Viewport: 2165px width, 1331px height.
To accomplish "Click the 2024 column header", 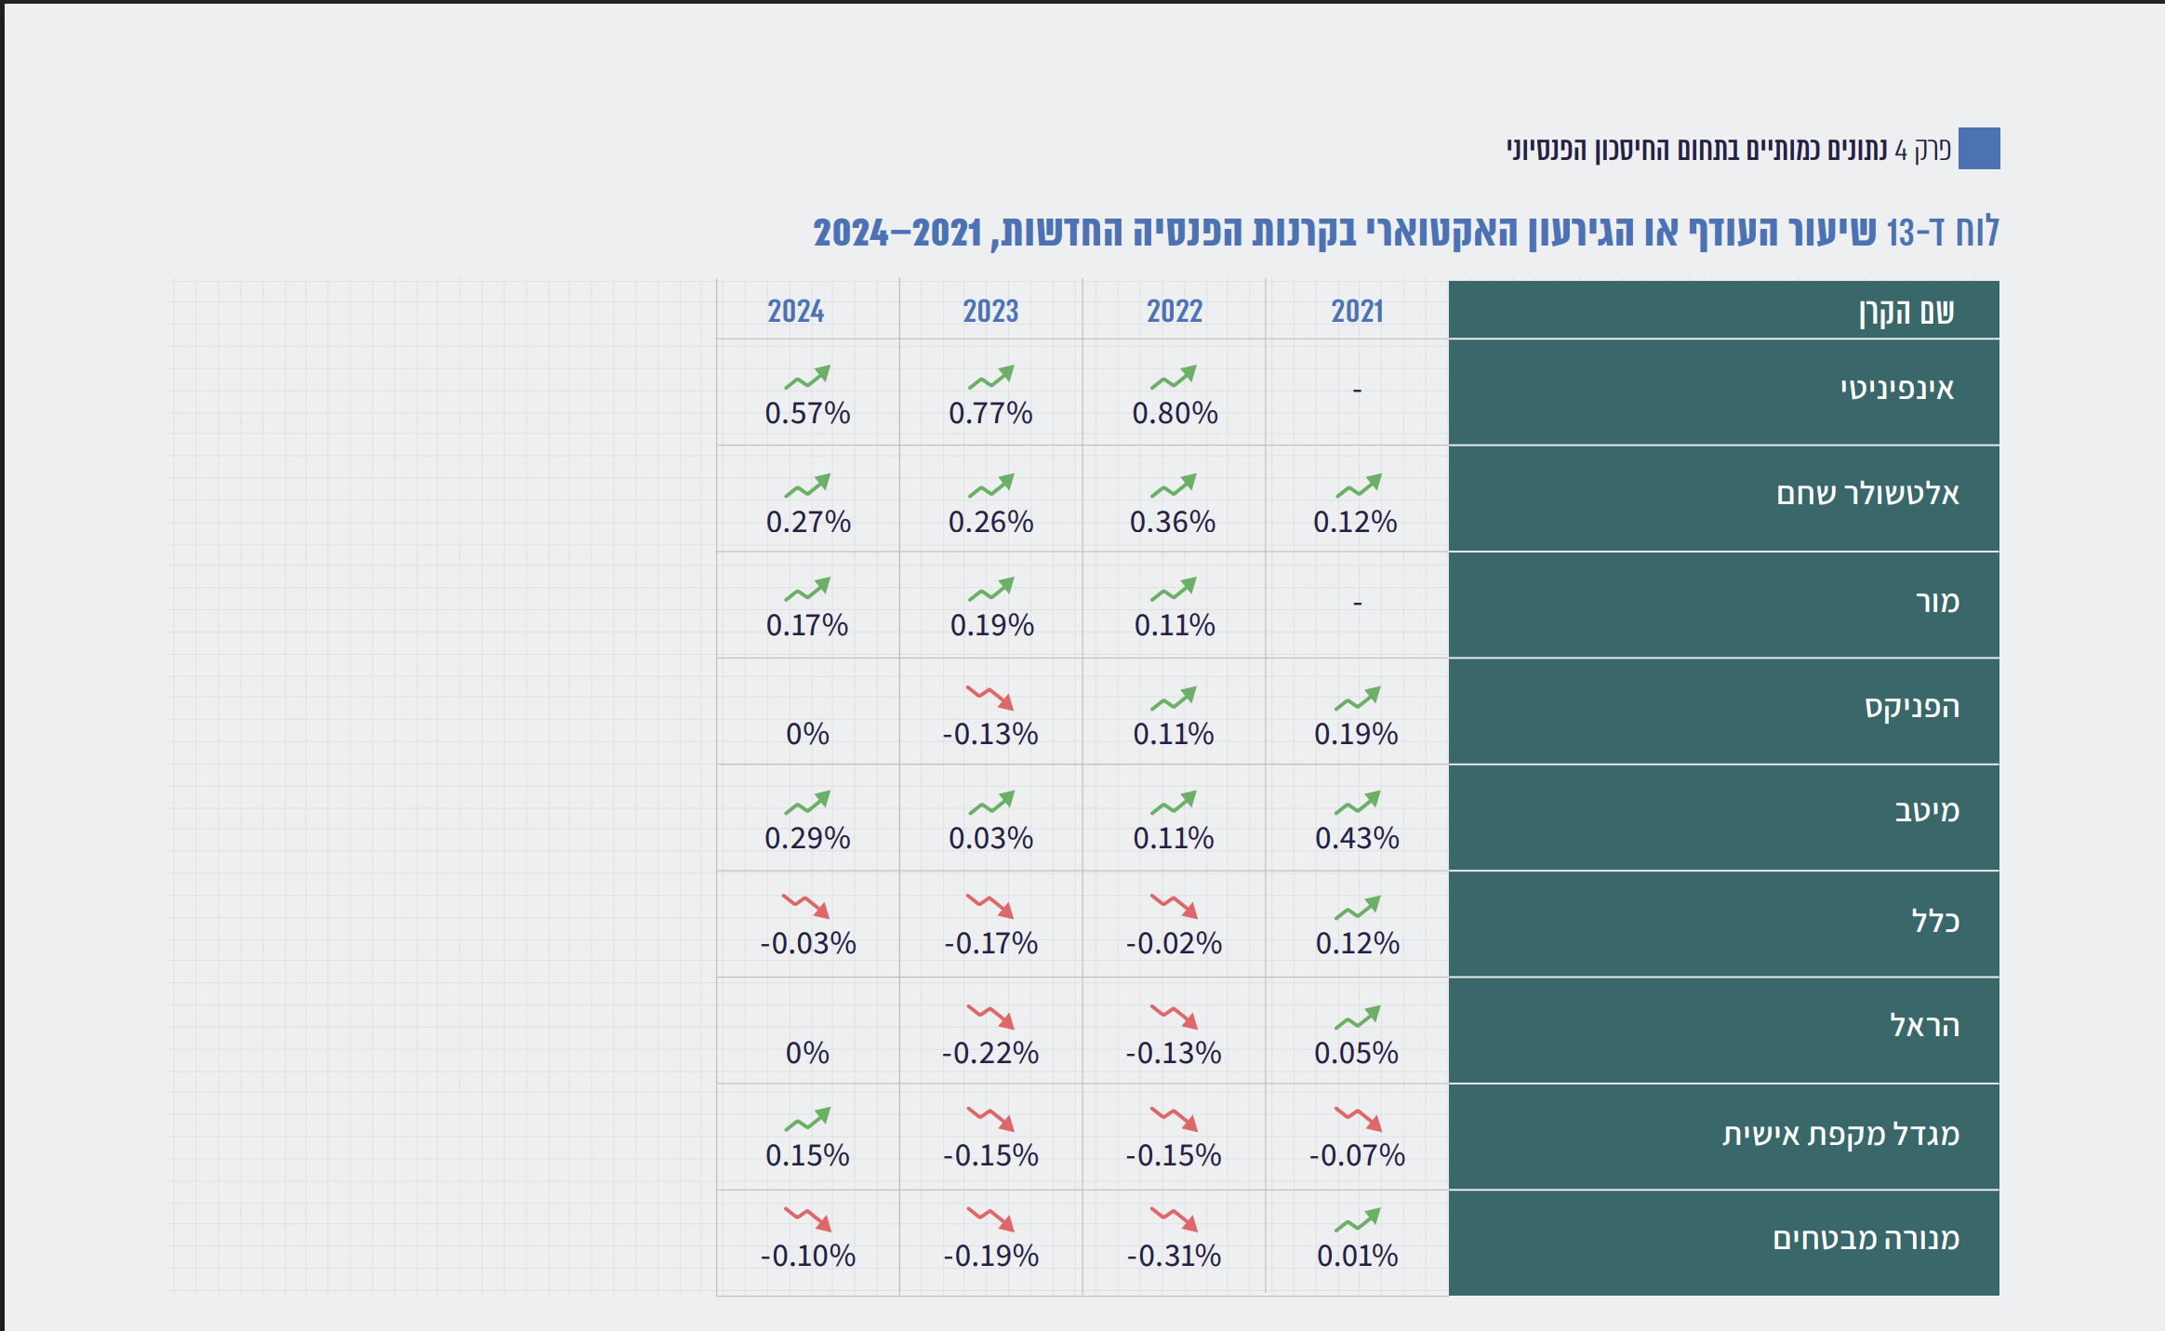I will (796, 311).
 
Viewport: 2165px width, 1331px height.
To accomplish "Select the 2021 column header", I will (1357, 311).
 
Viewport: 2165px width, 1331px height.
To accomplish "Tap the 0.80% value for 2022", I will (1175, 413).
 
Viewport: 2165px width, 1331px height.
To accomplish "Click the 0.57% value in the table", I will (807, 413).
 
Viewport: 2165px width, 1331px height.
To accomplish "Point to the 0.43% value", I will (1357, 838).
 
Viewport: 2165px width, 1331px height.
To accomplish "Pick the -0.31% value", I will (1174, 1256).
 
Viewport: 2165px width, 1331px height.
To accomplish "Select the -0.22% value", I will (990, 1053).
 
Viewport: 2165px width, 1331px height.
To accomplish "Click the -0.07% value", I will (1357, 1155).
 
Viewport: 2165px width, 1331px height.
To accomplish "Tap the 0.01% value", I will (1357, 1256).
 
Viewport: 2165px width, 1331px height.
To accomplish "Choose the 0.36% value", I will (1173, 522).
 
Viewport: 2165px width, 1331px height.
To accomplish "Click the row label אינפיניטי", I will (1897, 389).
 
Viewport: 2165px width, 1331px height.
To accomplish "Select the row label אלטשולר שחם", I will (1867, 494).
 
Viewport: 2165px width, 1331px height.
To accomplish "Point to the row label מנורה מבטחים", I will (1866, 1239).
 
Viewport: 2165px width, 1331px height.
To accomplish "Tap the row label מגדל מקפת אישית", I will (1840, 1135).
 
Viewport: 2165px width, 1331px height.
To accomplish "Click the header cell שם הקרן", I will (1906, 312).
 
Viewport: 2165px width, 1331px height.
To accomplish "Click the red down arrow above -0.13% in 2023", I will (990, 698).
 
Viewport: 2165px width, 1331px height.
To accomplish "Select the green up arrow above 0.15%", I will (807, 1119).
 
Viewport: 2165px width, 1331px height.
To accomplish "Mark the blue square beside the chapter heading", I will (1979, 149).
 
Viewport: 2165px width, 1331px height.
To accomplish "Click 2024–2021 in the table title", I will (897, 233).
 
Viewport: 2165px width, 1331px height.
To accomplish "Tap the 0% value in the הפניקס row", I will (807, 734).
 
